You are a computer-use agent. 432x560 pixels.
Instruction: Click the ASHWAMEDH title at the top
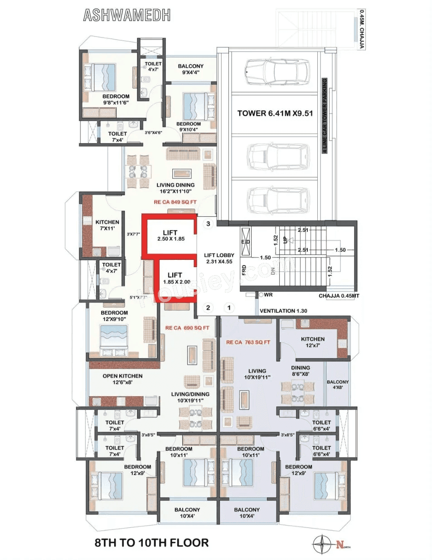tap(127, 15)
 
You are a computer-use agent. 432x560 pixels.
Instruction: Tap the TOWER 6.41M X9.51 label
tap(275, 113)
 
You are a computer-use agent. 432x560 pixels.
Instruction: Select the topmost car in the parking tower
tap(276, 72)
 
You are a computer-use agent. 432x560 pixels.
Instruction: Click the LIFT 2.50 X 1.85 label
tap(170, 235)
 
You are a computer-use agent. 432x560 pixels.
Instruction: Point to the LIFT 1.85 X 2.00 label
tap(176, 278)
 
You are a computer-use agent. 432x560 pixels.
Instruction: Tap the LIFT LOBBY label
tap(219, 258)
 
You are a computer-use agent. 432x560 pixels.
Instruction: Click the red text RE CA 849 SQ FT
tap(175, 202)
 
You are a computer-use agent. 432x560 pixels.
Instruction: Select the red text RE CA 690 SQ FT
tap(187, 328)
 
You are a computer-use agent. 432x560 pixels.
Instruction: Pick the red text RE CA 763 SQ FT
tap(248, 342)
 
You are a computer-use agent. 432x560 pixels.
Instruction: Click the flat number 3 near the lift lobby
tap(208, 224)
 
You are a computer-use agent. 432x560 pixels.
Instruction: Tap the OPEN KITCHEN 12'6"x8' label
tap(122, 379)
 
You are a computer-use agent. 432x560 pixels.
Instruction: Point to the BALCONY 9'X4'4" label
tap(190, 69)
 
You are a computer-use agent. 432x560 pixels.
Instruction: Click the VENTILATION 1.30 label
tap(283, 311)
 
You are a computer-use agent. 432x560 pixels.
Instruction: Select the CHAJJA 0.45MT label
tap(339, 296)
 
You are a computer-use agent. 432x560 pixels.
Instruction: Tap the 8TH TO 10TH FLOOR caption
tap(151, 543)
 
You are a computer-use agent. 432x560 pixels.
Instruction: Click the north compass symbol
tap(322, 544)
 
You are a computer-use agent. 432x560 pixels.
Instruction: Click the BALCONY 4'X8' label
tap(338, 384)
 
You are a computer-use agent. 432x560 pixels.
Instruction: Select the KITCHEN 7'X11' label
tap(107, 225)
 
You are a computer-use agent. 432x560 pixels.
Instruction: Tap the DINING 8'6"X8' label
tap(300, 371)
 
